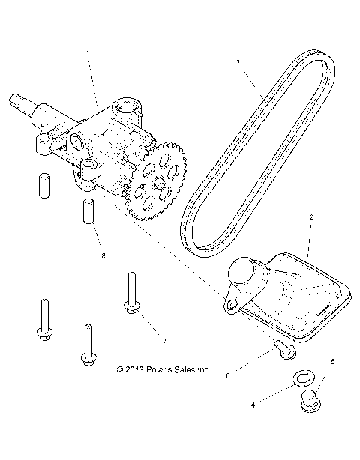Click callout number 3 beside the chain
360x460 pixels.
(238, 63)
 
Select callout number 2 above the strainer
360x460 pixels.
(311, 217)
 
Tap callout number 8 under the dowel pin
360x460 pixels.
(103, 256)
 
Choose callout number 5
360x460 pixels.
(332, 361)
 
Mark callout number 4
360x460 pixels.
(253, 405)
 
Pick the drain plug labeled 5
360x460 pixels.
(308, 403)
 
